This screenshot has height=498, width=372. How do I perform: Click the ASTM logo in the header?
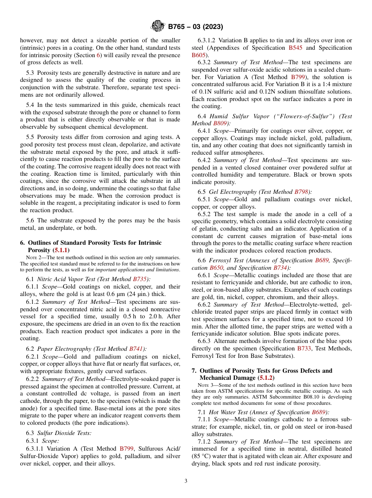pyautogui.click(x=158, y=27)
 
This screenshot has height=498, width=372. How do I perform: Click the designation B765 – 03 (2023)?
pyautogui.click(x=195, y=27)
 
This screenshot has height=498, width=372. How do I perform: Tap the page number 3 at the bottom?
pyautogui.click(x=186, y=481)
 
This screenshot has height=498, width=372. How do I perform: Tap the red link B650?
pyautogui.click(x=217, y=268)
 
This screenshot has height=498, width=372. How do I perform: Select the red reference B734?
pyautogui.click(x=280, y=268)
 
